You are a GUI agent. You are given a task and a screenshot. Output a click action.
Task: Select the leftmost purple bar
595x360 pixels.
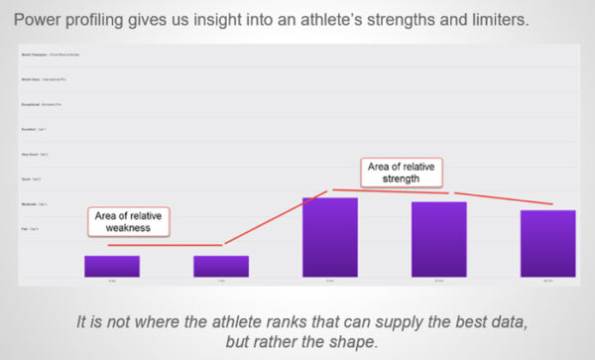click(x=111, y=265)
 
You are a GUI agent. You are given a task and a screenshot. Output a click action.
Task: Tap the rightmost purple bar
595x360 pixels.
click(x=547, y=242)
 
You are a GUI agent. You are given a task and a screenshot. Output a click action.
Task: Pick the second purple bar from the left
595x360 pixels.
click(x=220, y=265)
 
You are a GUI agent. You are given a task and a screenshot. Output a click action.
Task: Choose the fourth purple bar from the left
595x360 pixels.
click(x=438, y=238)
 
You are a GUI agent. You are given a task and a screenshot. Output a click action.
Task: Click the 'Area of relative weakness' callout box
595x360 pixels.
click(x=129, y=221)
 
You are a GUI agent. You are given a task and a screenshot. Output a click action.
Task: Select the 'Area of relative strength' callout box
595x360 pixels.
click(x=403, y=173)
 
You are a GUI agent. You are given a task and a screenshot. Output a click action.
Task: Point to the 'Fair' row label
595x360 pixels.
click(x=24, y=229)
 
